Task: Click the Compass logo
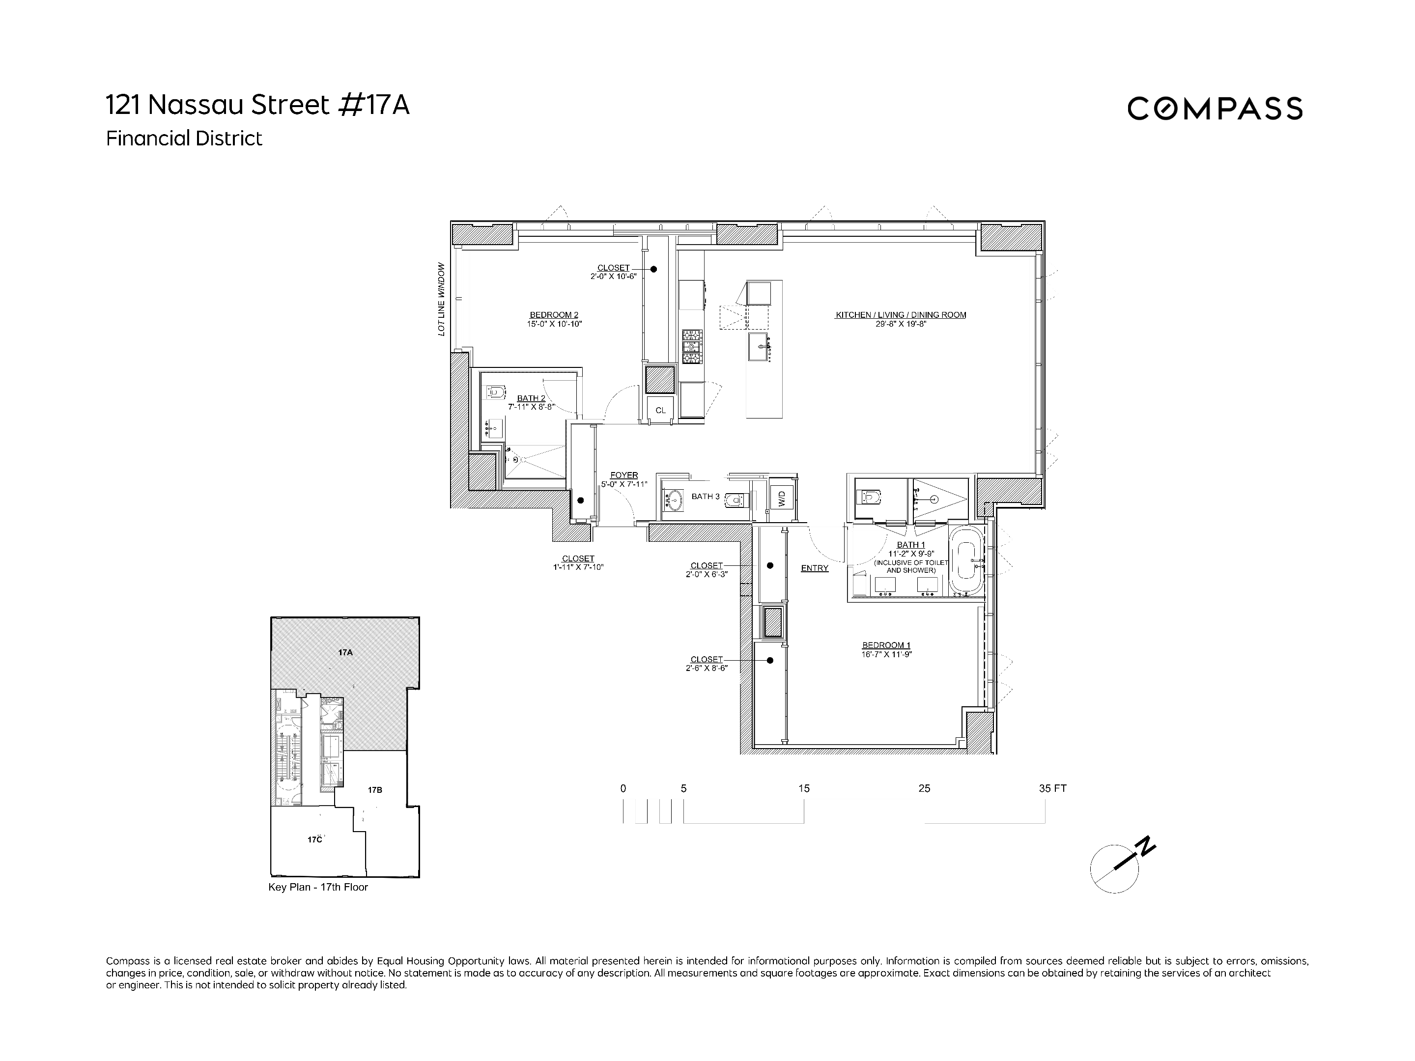point(1214,108)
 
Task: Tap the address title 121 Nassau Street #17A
point(257,106)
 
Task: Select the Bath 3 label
point(705,496)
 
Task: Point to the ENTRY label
point(814,568)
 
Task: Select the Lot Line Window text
point(441,299)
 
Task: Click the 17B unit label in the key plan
point(375,790)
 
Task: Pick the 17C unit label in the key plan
point(314,839)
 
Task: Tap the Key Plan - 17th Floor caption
point(318,887)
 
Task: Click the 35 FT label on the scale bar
point(1052,788)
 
